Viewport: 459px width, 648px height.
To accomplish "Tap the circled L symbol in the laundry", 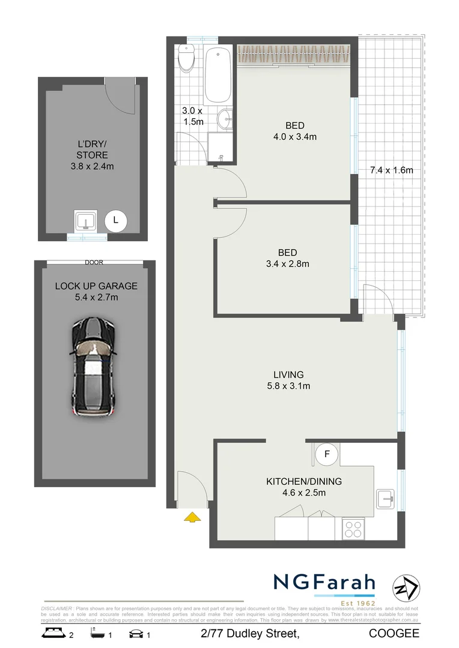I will (x=115, y=221).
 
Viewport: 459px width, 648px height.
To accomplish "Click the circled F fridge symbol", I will (x=327, y=454).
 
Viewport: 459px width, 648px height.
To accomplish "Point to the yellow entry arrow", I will (x=192, y=517).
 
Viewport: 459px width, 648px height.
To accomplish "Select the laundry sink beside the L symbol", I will (x=87, y=221).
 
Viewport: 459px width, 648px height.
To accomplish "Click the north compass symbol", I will (x=406, y=587).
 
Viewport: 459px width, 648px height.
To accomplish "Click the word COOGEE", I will (x=394, y=634).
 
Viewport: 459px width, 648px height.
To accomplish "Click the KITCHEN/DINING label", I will (x=304, y=481).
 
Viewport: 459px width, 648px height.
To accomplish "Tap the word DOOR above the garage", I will (x=94, y=263).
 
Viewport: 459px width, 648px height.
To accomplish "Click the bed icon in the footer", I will (x=52, y=633).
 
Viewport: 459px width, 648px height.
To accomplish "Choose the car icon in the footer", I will (x=136, y=633).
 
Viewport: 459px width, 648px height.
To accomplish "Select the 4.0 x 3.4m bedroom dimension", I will (x=294, y=136).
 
